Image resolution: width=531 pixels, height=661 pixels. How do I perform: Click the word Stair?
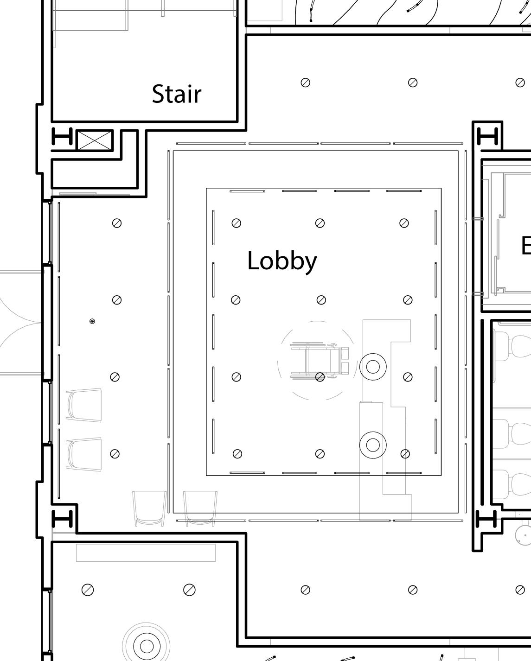[x=177, y=94]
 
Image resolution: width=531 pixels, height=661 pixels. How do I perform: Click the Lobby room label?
[x=282, y=261]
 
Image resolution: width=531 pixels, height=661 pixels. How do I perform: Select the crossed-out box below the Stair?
[x=95, y=140]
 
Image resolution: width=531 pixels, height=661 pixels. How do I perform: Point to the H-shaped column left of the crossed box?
[x=62, y=137]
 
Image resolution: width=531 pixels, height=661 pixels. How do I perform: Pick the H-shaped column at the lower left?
[x=62, y=519]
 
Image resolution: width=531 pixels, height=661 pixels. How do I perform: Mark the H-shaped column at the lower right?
[x=487, y=519]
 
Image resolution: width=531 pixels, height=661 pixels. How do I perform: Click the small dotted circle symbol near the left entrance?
[x=92, y=321]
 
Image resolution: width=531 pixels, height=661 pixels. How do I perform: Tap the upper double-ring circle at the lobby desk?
[x=373, y=366]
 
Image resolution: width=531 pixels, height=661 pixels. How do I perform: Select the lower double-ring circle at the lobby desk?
[x=373, y=445]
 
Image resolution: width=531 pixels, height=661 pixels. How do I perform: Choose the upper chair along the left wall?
[x=84, y=405]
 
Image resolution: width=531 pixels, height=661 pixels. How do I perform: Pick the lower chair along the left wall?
[x=84, y=454]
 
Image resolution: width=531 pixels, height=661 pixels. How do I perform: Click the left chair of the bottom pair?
[x=149, y=508]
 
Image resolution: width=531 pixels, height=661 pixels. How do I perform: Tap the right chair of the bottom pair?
[x=200, y=508]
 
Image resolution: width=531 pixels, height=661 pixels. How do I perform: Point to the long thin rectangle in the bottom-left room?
[x=146, y=553]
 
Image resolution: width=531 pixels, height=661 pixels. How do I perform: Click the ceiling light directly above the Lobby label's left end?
[x=236, y=223]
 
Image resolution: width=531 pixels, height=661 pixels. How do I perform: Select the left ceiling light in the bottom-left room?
[x=88, y=590]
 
